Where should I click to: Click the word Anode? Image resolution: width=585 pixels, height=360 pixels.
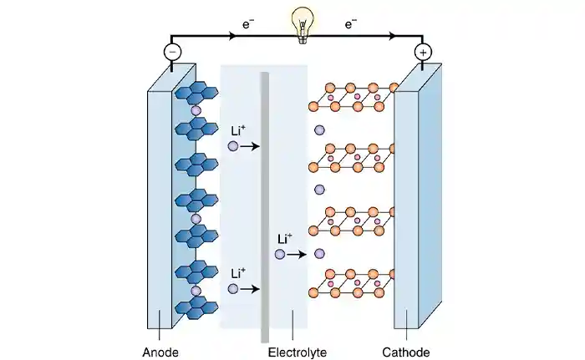161,352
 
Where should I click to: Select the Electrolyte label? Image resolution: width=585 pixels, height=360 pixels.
297,352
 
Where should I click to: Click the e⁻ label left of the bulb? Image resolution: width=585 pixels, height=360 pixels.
248,26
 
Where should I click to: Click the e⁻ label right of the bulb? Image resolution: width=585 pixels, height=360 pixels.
350,26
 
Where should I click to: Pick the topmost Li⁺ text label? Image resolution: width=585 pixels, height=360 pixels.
239,130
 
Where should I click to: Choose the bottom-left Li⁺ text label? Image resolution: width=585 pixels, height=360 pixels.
239,273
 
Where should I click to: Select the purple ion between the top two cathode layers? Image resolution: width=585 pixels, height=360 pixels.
319,130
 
